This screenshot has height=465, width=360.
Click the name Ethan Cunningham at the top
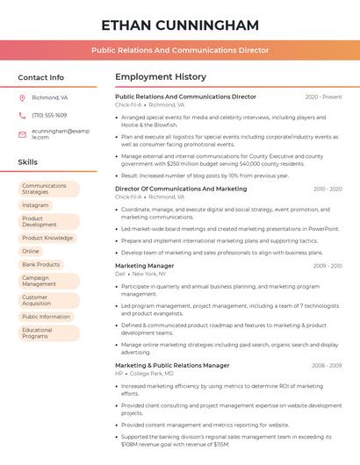point(180,25)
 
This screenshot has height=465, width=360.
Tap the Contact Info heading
point(40,77)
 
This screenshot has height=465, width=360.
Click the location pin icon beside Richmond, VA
point(22,97)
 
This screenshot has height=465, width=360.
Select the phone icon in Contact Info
point(22,115)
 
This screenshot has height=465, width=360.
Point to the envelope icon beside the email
point(22,133)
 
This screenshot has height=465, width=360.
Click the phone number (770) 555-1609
point(49,115)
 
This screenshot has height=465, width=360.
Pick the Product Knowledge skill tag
point(47,238)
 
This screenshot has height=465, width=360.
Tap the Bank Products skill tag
point(41,264)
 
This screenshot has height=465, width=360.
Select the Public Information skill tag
point(46,317)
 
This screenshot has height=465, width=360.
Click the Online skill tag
point(31,251)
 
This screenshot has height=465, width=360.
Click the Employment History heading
point(161,77)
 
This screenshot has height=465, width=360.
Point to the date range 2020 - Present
point(323,97)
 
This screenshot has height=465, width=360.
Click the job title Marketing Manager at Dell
point(145,265)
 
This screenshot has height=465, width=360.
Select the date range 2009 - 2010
point(327,265)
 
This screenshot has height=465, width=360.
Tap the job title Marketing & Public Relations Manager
point(172,365)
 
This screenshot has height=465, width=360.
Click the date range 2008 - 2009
point(327,365)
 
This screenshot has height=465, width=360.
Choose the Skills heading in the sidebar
point(28,162)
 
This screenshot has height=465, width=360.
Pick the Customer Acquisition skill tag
point(36,300)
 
